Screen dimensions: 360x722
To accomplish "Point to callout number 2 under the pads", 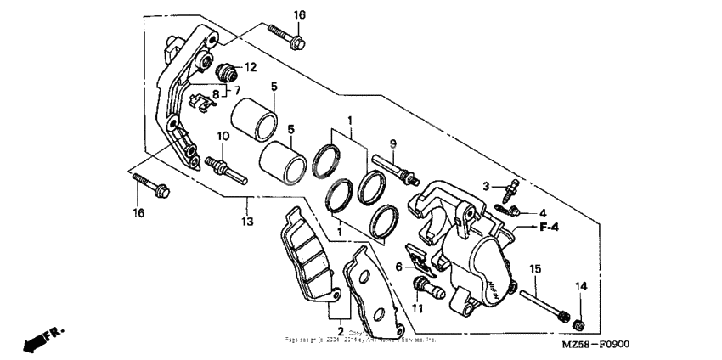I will [340, 330].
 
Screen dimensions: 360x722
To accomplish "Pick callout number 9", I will [392, 142].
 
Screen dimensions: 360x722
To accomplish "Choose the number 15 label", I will [535, 269].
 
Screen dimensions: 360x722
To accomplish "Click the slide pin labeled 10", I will [226, 168].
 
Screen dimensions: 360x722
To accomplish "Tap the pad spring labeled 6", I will [420, 259].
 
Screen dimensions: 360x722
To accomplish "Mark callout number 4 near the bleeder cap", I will [542, 212].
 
